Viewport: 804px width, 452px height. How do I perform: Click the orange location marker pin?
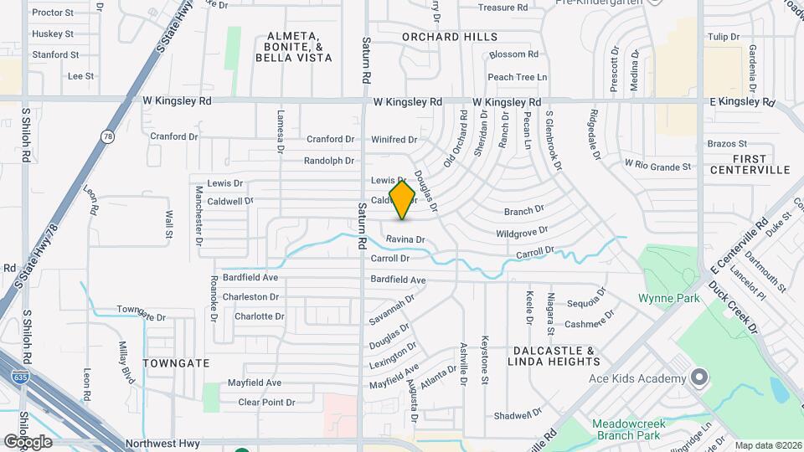(x=402, y=199)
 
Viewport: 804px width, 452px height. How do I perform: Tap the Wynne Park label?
(x=668, y=297)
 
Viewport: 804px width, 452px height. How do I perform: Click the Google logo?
(x=28, y=441)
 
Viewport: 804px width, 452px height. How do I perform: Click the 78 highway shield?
(x=106, y=136)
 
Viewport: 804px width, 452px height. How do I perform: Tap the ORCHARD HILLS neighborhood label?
(x=449, y=37)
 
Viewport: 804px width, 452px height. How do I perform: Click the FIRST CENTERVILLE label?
(x=750, y=164)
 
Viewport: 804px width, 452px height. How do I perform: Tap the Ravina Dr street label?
(x=405, y=239)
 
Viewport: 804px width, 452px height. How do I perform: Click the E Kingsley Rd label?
(x=742, y=101)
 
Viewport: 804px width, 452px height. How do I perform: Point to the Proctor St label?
(x=53, y=13)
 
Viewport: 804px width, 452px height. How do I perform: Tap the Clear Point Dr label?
(x=266, y=403)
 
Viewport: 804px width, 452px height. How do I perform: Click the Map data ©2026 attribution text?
(x=767, y=445)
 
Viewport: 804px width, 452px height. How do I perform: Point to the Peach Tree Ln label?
(x=517, y=77)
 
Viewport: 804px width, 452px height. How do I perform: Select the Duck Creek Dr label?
(x=732, y=310)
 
